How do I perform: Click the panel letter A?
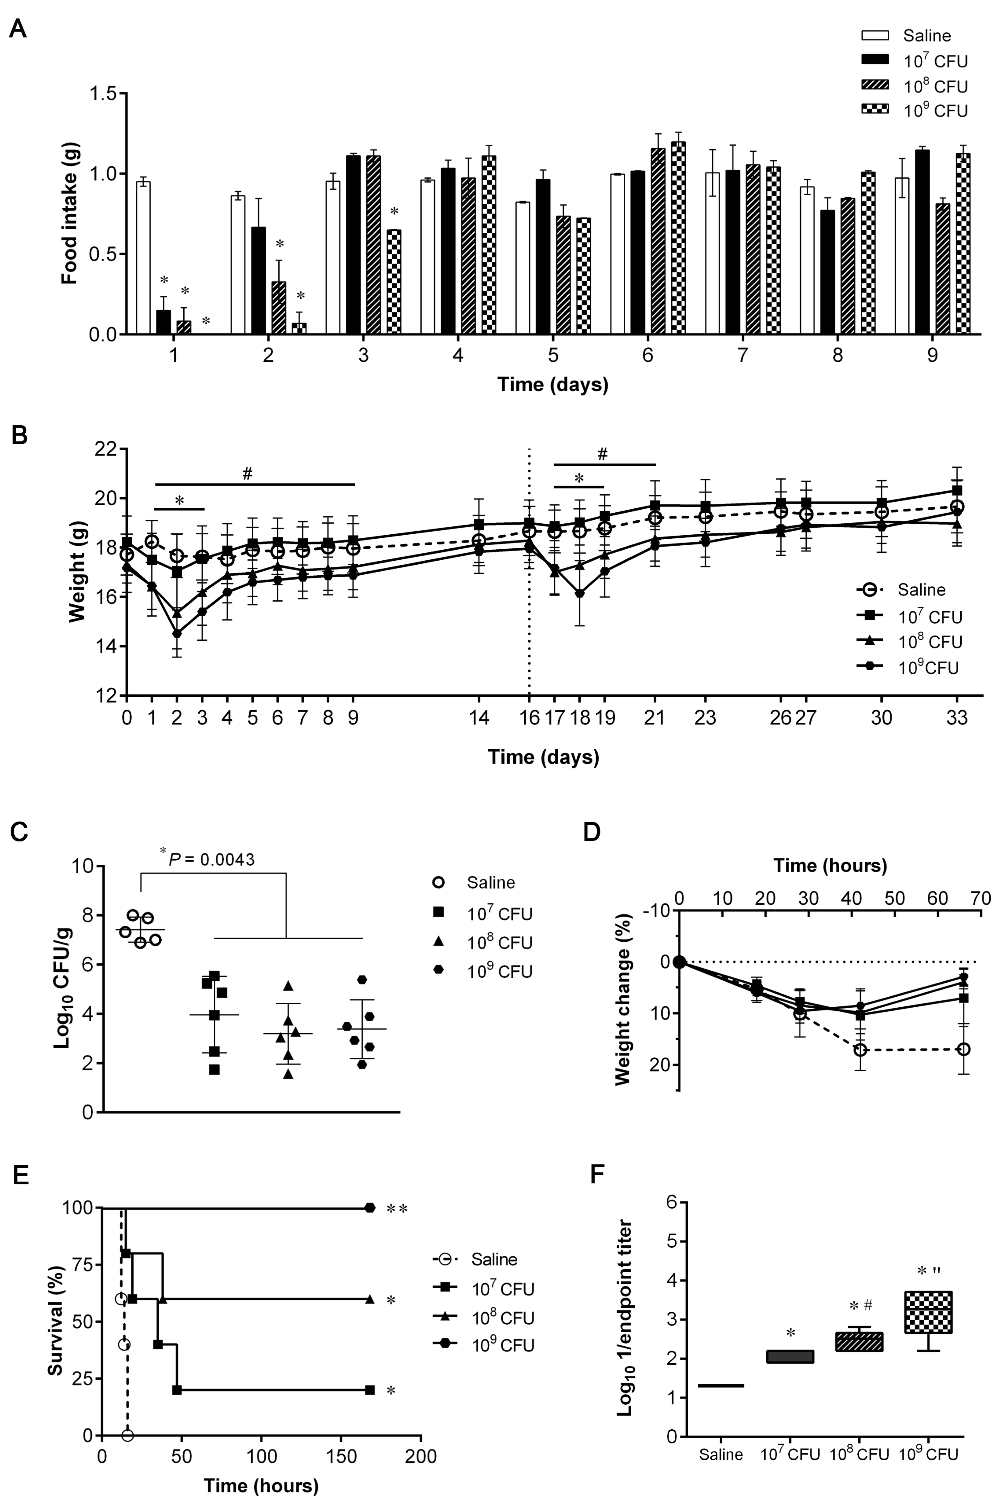coord(18,29)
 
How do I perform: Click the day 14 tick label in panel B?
coord(479,717)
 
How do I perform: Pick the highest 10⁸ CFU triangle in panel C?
coord(289,986)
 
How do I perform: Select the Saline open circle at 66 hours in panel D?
coord(963,1049)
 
